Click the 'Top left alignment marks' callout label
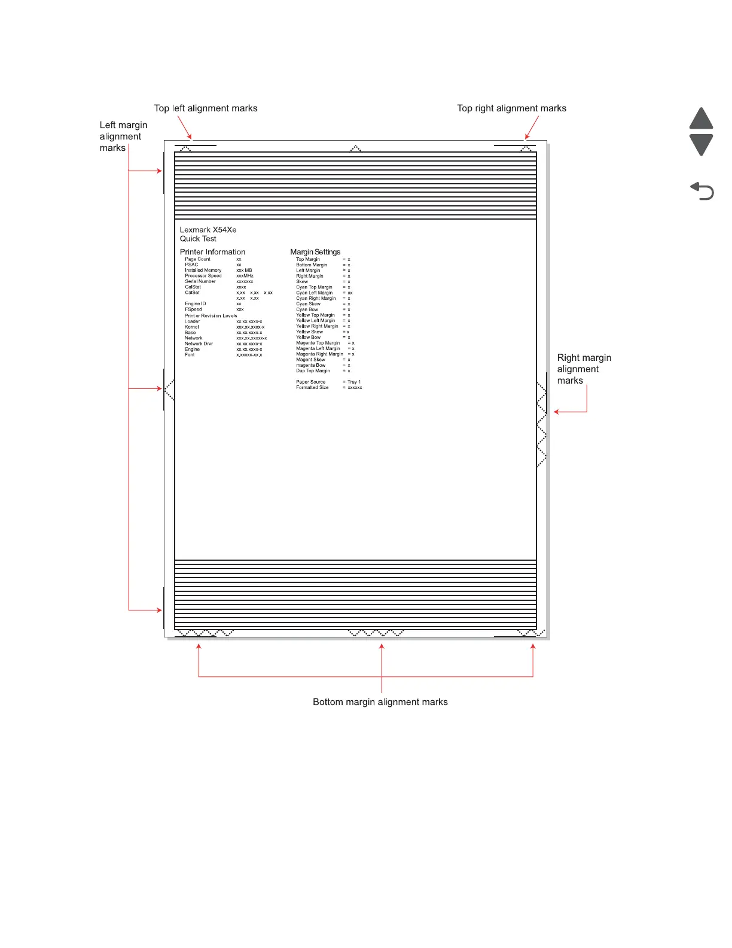206,108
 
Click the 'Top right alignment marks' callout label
511,108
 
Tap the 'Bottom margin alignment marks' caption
380,702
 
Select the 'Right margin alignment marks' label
584,369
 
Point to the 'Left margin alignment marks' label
123,136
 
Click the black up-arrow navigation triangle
701,118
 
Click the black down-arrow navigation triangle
701,144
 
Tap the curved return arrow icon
702,192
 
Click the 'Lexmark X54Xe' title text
208,230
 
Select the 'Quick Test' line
198,239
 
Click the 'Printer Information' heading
212,252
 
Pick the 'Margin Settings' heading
315,252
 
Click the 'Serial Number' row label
200,281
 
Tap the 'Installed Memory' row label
203,271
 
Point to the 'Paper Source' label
310,382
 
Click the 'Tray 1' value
354,382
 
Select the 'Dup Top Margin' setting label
313,371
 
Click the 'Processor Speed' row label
203,276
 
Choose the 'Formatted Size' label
312,388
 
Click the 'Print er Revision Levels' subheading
211,316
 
